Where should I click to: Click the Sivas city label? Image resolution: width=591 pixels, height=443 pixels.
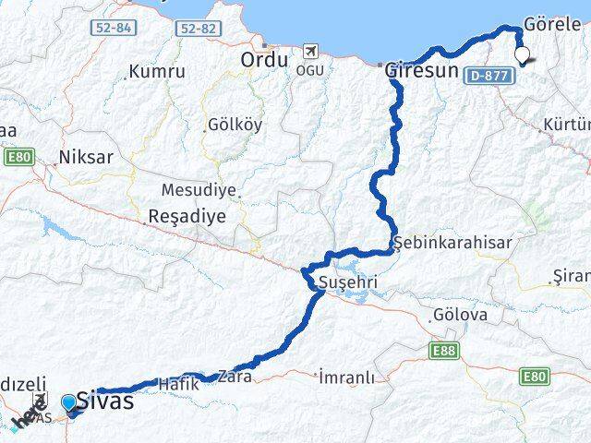point(106,401)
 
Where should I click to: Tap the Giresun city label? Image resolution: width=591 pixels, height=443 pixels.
point(421,69)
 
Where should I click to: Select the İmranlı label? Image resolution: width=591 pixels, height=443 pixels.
point(346,377)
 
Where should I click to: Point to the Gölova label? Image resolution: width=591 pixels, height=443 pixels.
point(459,316)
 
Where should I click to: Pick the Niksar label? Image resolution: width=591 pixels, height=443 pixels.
point(86,157)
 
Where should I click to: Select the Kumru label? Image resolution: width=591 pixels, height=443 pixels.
point(157,71)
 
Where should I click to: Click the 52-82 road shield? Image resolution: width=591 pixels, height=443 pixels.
point(199,30)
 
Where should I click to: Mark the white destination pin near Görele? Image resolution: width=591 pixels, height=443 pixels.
point(525,55)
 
